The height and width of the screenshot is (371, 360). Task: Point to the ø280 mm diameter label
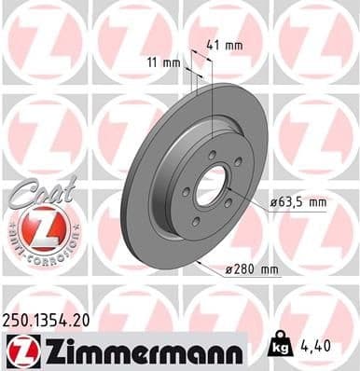pyautogui.click(x=253, y=269)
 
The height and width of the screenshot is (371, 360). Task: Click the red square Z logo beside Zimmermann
pyautogui.click(x=21, y=350)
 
